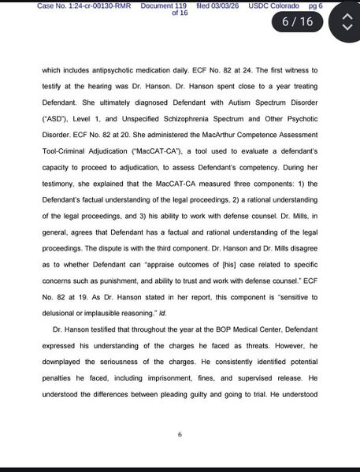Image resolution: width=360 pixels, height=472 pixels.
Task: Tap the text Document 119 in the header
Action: pos(168,6)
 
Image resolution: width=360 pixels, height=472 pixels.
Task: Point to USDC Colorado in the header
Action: pos(270,6)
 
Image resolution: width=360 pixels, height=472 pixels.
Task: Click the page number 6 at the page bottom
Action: pos(180,434)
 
